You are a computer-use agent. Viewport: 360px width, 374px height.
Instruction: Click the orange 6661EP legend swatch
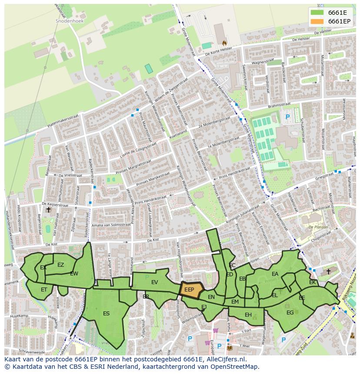[x=317, y=21]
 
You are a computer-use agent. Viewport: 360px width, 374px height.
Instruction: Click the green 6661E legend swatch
[x=317, y=12]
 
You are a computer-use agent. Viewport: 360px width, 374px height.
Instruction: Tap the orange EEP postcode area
[x=190, y=290]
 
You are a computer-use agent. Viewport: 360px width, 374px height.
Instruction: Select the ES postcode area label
[x=106, y=314]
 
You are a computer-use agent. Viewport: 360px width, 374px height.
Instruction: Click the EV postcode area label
[x=154, y=282]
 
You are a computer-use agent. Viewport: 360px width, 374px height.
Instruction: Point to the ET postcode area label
[x=44, y=290]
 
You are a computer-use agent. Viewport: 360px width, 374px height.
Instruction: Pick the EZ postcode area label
[x=60, y=265]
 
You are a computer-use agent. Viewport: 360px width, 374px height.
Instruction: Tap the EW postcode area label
[x=74, y=274]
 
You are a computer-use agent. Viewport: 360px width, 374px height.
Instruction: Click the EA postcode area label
[x=275, y=274]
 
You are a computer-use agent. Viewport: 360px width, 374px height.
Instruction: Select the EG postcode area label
[x=290, y=312]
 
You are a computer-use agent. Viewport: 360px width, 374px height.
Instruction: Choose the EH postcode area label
[x=248, y=315]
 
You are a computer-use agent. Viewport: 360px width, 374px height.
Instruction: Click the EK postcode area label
[x=312, y=282]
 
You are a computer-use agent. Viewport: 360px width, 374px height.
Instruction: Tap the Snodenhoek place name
[x=69, y=20]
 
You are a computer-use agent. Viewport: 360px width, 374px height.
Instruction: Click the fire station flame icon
[x=224, y=43]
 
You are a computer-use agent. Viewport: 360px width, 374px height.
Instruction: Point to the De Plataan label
[x=317, y=227]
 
